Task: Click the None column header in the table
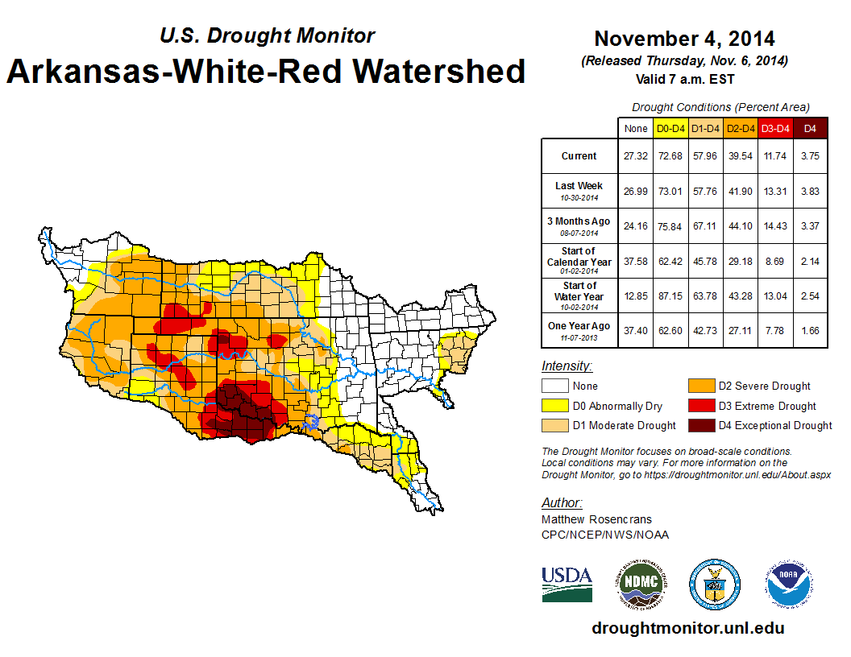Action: [636, 128]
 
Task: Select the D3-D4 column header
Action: [774, 128]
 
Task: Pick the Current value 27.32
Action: [636, 156]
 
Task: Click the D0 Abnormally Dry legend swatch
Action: [554, 406]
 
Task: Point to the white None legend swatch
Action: [554, 386]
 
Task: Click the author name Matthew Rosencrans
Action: [596, 519]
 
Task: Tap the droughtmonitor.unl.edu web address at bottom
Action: [687, 628]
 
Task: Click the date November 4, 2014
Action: [684, 39]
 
